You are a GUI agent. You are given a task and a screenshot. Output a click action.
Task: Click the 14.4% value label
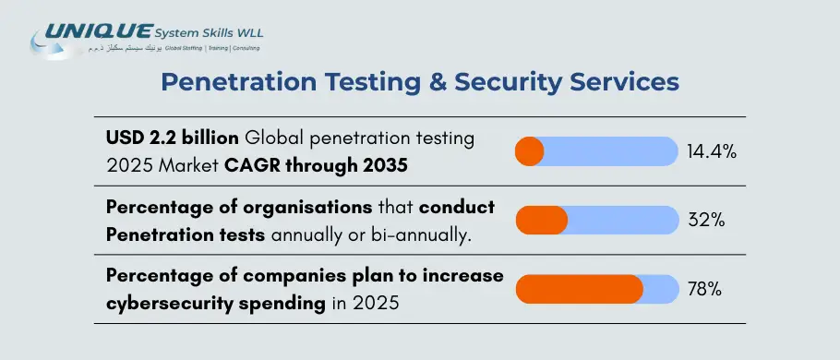pyautogui.click(x=711, y=151)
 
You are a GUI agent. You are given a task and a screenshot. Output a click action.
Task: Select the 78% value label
pyautogui.click(x=704, y=289)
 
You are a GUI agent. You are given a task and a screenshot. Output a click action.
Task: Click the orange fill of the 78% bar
pyautogui.click(x=578, y=289)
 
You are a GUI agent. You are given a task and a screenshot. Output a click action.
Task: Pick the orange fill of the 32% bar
pyautogui.click(x=541, y=221)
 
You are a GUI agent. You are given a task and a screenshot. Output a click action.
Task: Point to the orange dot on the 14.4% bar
pyautogui.click(x=529, y=151)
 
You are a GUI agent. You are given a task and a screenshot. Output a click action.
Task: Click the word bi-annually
pyautogui.click(x=426, y=234)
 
